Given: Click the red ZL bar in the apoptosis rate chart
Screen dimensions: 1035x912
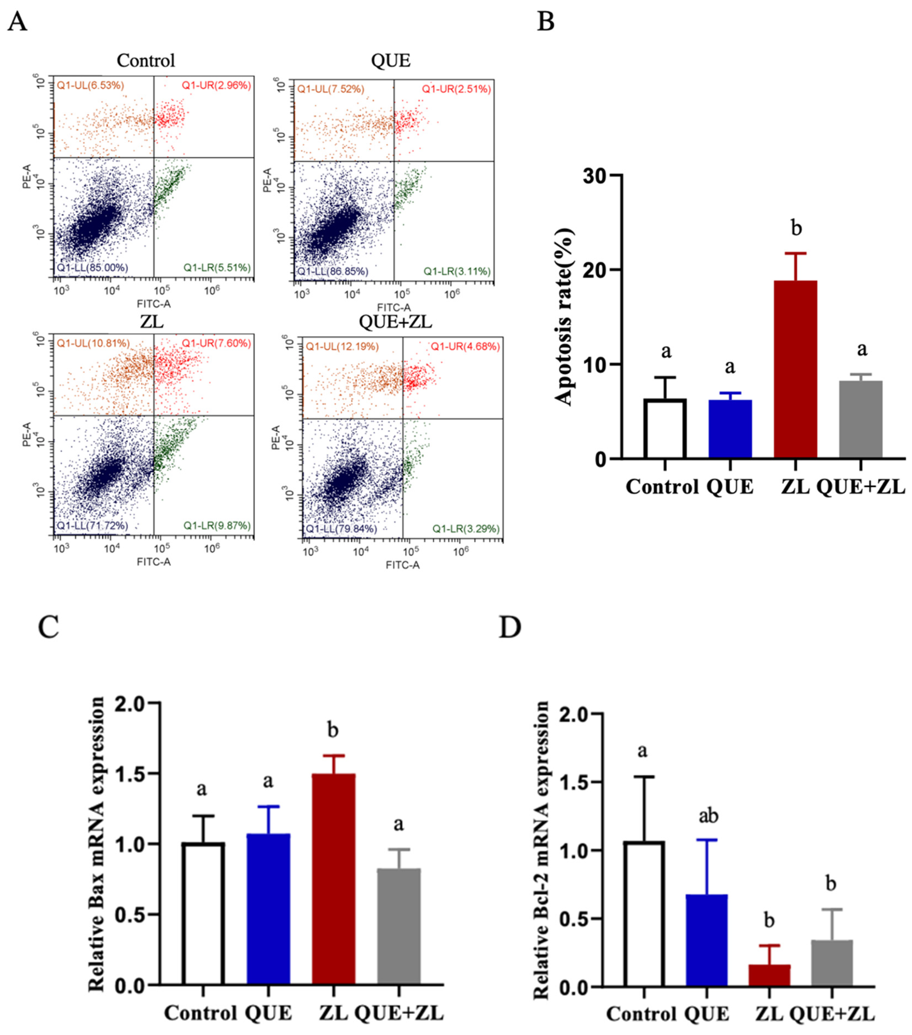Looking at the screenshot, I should (795, 370).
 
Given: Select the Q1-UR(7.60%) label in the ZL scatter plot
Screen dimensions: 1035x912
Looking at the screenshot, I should (216, 343).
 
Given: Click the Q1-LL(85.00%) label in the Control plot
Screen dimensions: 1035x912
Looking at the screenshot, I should (92, 267).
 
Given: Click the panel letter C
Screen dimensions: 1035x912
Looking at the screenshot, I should (49, 627).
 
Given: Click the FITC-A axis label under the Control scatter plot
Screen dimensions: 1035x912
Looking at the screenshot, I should (153, 304).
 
